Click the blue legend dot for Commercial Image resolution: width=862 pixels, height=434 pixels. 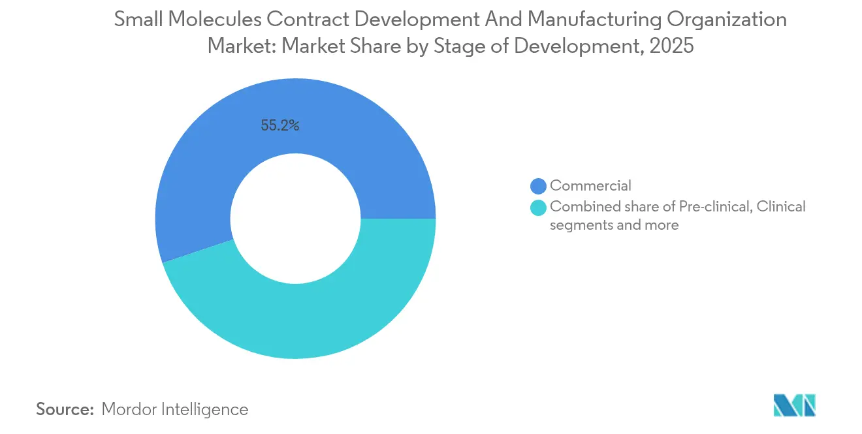pyautogui.click(x=538, y=187)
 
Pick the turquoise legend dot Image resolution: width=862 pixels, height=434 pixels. pyautogui.click(x=538, y=208)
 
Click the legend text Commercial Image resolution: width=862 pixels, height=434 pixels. pyautogui.click(x=590, y=186)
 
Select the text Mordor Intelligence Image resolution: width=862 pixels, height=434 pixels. pyautogui.click(x=175, y=409)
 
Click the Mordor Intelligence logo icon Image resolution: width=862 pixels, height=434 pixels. pyautogui.click(x=794, y=405)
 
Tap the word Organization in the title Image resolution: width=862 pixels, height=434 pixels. pyautogui.click(x=726, y=20)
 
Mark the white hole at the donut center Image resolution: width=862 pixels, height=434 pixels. pyautogui.click(x=296, y=219)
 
